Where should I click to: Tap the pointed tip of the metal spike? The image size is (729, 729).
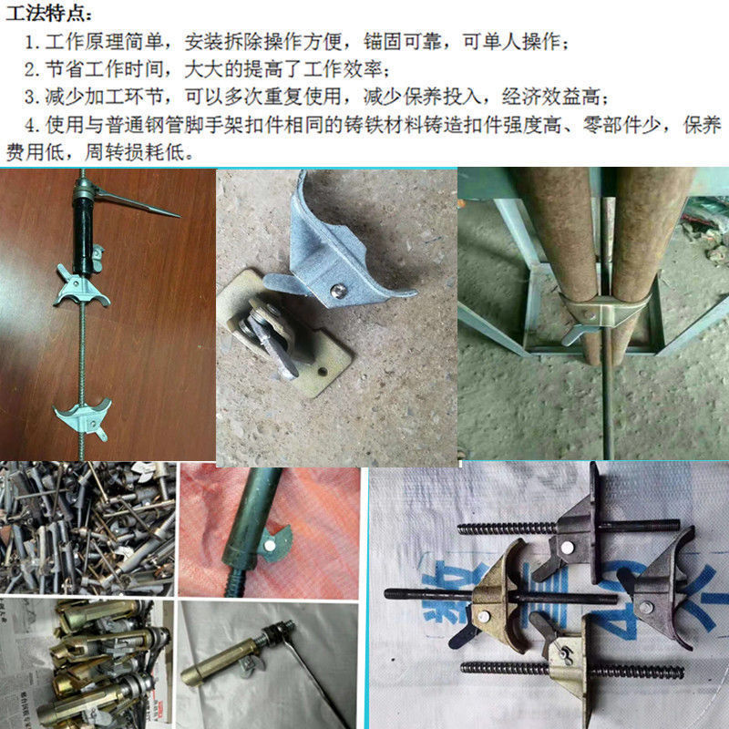[x=175, y=215]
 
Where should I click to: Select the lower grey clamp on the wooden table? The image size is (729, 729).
[x=83, y=416]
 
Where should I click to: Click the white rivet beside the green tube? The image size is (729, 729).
[x=271, y=543]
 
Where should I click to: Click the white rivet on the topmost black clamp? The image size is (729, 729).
[x=566, y=545]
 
